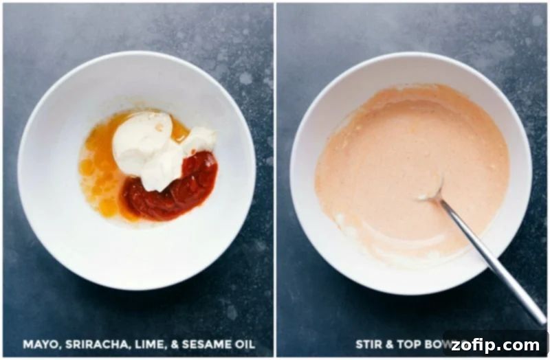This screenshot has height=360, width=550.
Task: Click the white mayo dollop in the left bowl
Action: [x=143, y=141]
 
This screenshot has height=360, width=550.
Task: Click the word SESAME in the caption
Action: [x=197, y=344]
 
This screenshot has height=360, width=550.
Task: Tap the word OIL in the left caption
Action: [x=241, y=344]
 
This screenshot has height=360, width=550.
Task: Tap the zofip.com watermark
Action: [x=496, y=344]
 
